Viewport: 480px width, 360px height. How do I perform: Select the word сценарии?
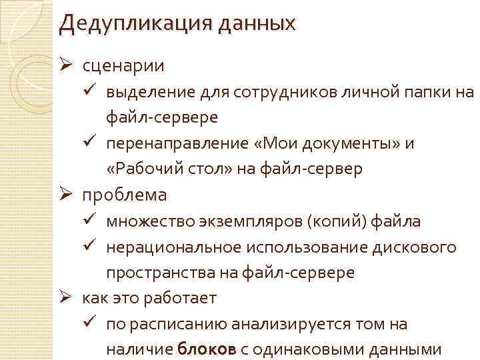[124, 66]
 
